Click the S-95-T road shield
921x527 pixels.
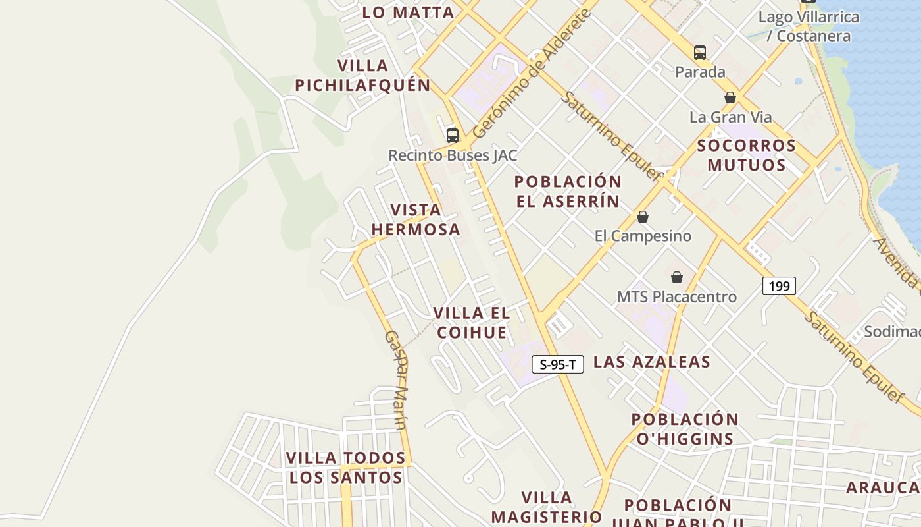558,364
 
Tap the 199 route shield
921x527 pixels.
779,286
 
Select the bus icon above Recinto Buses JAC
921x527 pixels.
453,136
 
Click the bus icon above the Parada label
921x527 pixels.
700,53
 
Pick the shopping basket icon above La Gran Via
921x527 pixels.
730,97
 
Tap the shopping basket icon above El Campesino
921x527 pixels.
643,217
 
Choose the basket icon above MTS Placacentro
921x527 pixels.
677,277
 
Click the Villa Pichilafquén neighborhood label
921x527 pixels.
362,75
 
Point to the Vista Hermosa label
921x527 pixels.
416,219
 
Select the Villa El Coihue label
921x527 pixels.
472,323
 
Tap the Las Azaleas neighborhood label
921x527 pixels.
652,362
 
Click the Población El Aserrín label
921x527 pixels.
568,191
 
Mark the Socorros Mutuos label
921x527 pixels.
747,155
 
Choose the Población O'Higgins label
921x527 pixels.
685,429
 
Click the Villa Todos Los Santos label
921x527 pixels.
346,467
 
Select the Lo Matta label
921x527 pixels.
408,12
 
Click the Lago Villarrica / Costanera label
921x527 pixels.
809,26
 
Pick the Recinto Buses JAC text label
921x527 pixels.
453,155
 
